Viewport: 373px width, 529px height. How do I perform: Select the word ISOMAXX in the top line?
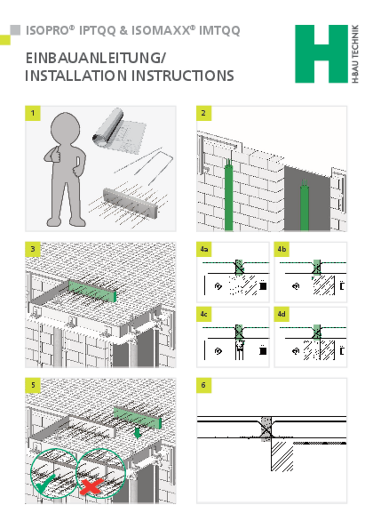pos(161,30)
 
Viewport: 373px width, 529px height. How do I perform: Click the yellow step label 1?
pos(33,113)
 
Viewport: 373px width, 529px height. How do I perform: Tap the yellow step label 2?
pos(203,113)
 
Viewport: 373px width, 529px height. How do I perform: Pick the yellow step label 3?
pos(33,249)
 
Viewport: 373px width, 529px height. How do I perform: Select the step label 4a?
pos(204,249)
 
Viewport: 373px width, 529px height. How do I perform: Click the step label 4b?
pos(281,249)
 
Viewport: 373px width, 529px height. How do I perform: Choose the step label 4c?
pos(204,314)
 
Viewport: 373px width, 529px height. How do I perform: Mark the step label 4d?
pos(281,314)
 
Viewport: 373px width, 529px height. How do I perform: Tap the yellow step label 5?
pos(33,385)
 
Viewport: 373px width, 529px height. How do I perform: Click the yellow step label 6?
pos(203,385)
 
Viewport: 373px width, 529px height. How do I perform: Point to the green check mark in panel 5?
pos(45,484)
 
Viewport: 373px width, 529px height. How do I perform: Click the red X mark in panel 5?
pos(91,486)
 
